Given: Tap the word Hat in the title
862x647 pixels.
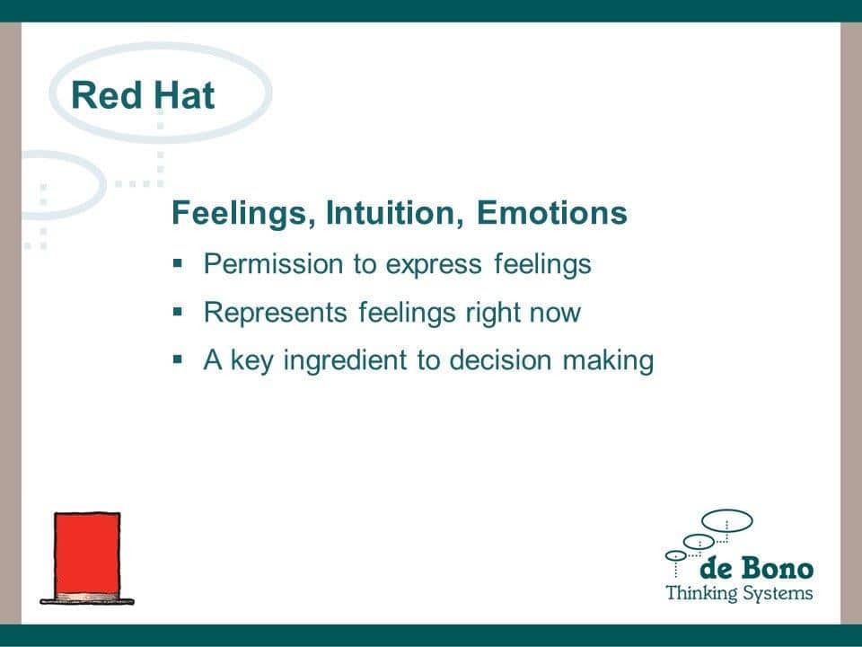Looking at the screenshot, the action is [x=183, y=95].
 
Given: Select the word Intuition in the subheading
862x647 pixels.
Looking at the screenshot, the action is [x=394, y=213].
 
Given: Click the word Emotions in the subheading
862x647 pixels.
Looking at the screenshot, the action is [x=551, y=213].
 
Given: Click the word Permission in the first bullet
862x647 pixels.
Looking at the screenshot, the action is [x=273, y=263].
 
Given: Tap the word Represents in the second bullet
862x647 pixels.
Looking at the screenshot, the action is [x=276, y=312].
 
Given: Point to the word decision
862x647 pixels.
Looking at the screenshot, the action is [x=500, y=360].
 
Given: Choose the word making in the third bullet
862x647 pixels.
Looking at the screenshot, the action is [x=609, y=361].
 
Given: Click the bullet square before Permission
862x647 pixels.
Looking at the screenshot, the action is [x=177, y=263].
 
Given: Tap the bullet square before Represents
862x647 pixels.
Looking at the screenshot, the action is [x=177, y=312].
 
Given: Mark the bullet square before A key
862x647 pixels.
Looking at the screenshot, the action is [x=177, y=359].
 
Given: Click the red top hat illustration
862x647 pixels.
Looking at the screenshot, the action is [x=87, y=558].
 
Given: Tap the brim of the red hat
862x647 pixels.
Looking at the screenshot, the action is [x=87, y=601].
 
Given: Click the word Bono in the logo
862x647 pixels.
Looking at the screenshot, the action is [x=777, y=568].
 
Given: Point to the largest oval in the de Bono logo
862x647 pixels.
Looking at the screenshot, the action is [x=726, y=511].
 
